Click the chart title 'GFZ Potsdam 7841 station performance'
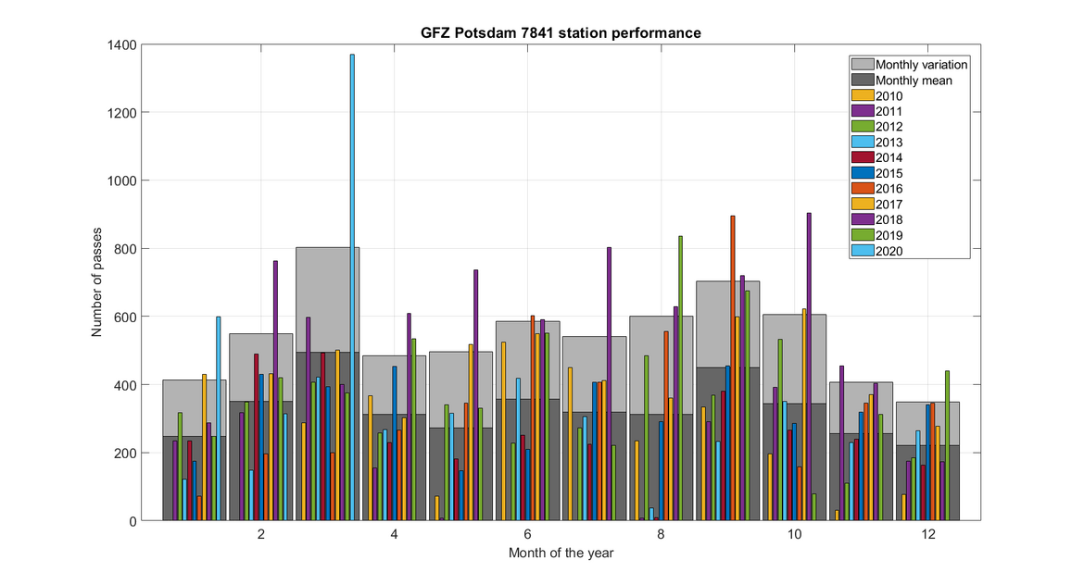[561, 33]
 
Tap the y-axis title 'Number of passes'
[96, 282]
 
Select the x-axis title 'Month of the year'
[561, 553]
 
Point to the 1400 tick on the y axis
[121, 44]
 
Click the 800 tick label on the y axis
[125, 249]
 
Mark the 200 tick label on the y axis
[125, 453]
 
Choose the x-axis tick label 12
[928, 535]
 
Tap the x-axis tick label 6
[528, 535]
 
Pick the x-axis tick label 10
[795, 535]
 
